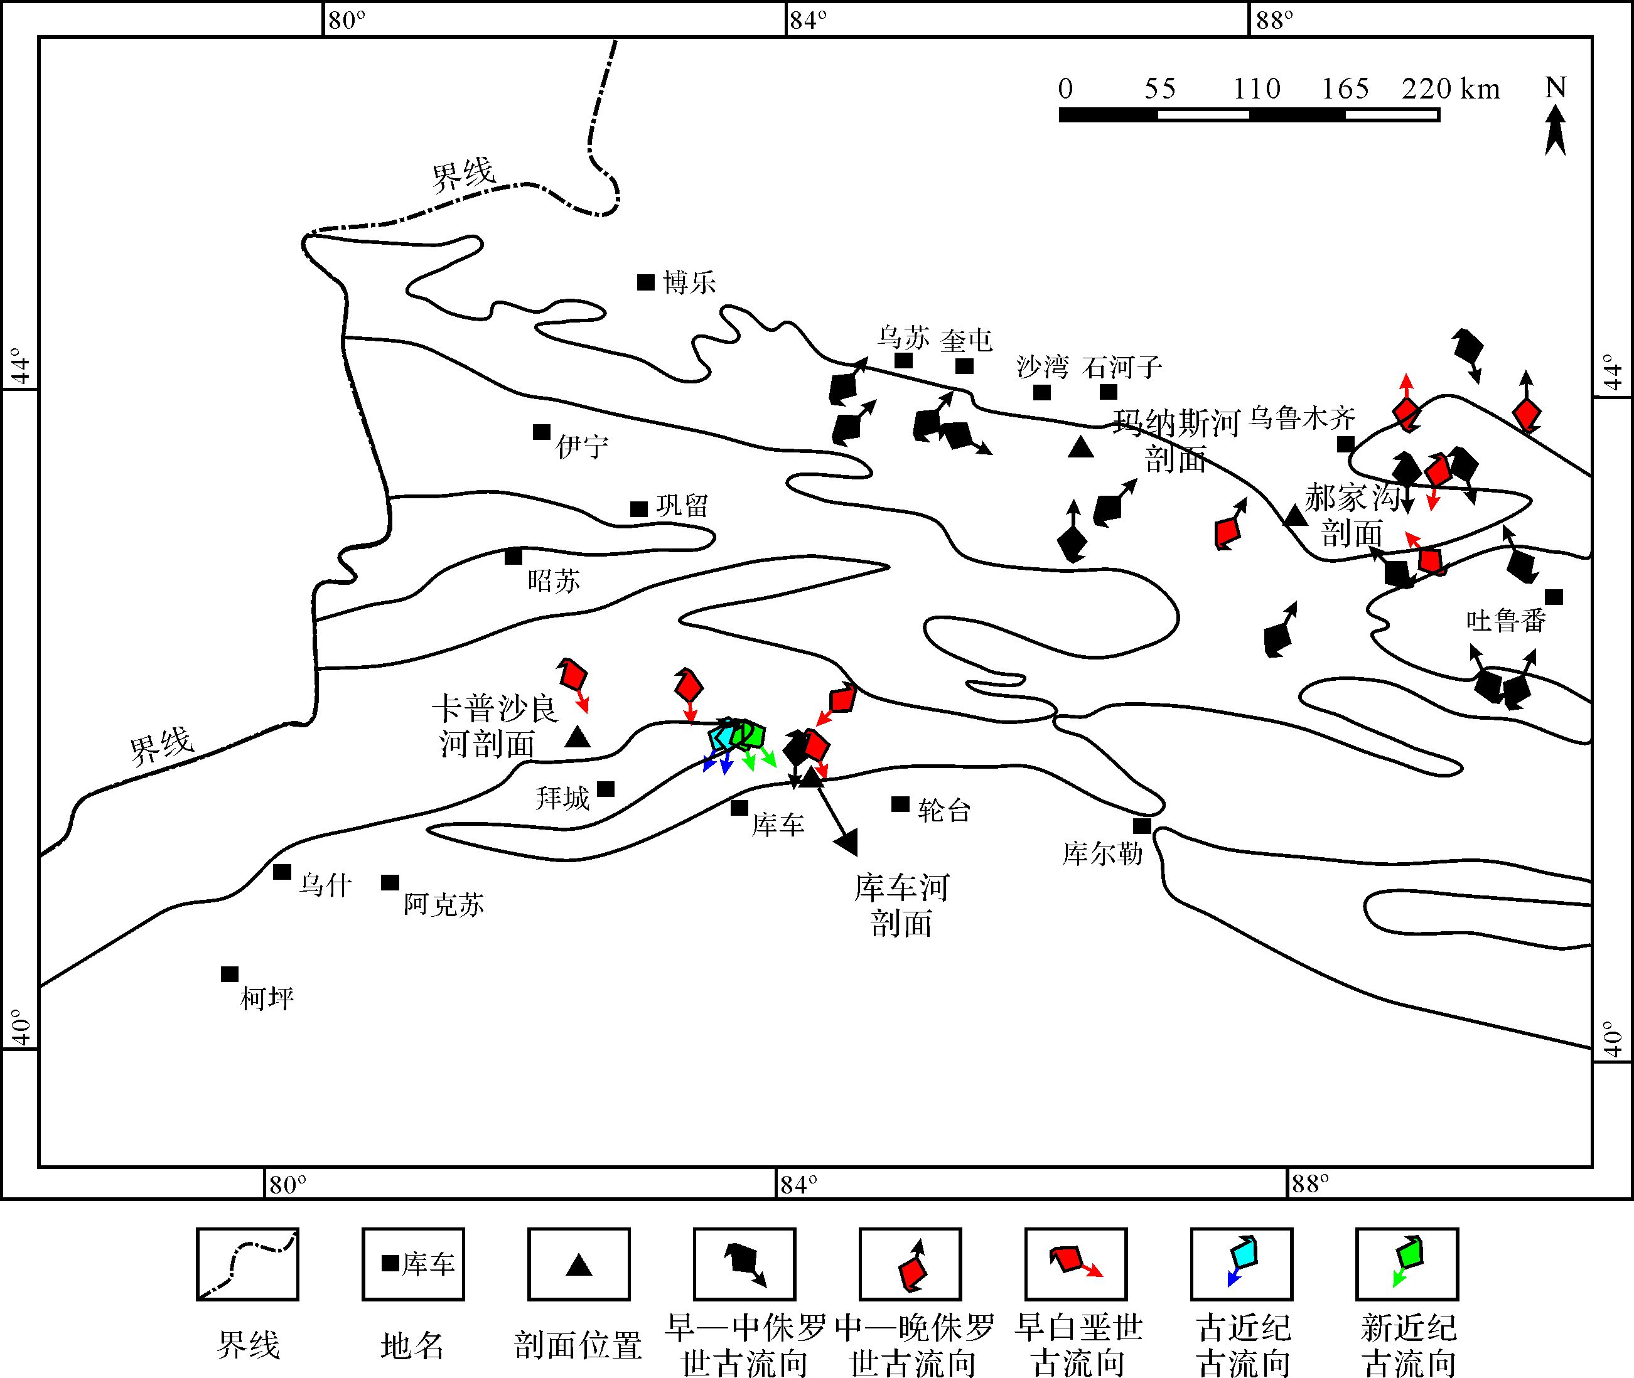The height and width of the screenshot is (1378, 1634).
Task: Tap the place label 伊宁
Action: coord(581,447)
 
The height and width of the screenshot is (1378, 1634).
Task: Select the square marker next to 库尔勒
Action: coord(1142,826)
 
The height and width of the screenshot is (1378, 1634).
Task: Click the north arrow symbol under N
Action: coord(1555,131)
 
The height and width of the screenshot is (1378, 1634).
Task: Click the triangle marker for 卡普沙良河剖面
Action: coord(578,737)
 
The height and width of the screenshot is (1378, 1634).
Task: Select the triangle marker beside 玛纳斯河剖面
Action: coord(1081,447)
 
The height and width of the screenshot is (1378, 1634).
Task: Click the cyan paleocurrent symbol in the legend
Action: coord(1242,1264)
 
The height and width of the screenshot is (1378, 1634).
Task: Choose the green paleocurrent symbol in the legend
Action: coord(1407,1264)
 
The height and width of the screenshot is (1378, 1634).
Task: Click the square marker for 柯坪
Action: coord(230,974)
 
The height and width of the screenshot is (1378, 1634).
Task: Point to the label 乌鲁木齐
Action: coord(1301,419)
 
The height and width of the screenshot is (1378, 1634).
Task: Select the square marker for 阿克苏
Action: coord(390,883)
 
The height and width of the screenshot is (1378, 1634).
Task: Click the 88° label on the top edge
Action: coord(1274,20)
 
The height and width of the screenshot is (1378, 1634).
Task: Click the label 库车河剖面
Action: coord(902,905)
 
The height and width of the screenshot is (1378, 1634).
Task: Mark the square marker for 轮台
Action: coord(900,804)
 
